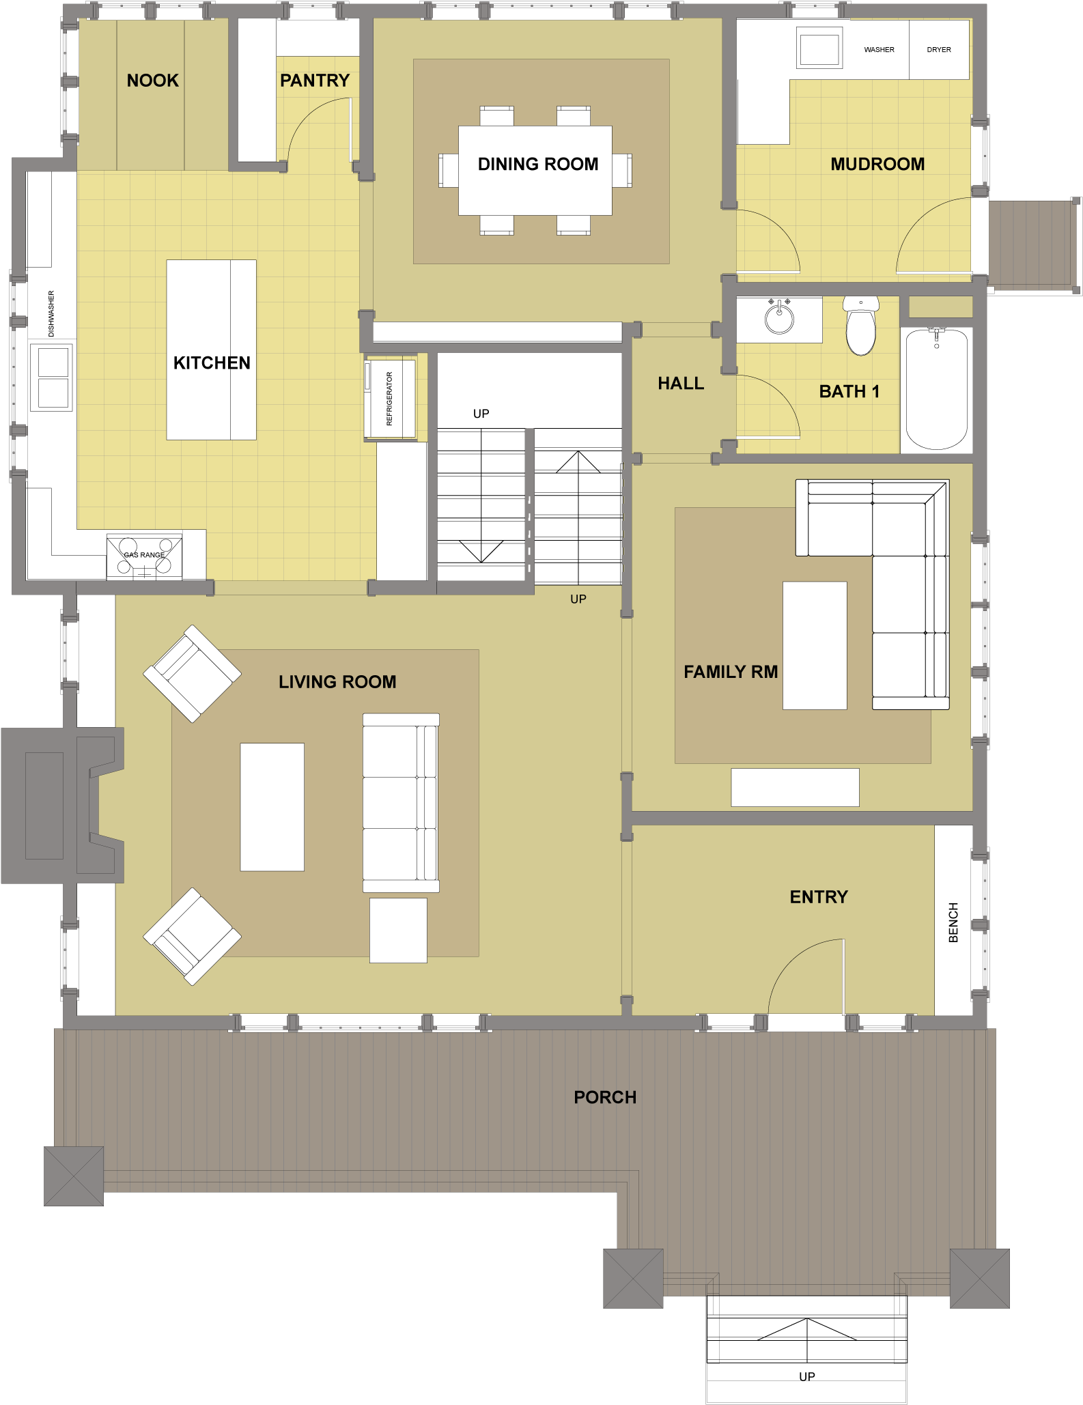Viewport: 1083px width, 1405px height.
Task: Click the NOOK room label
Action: [152, 81]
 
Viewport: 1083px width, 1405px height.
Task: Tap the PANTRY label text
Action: [314, 81]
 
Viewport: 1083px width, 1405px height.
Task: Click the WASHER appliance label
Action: [879, 50]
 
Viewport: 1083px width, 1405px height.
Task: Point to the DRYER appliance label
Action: [938, 50]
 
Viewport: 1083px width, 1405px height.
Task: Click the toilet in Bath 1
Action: [860, 327]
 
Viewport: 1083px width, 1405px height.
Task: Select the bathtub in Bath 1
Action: [936, 389]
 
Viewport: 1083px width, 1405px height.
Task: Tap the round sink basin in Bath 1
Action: [779, 320]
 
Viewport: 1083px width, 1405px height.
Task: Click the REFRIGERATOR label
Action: [390, 399]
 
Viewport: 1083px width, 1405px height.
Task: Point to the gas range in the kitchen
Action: [144, 556]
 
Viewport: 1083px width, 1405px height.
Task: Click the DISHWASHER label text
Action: [51, 314]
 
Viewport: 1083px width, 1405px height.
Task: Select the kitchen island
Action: [211, 350]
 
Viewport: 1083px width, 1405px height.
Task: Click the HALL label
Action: [680, 384]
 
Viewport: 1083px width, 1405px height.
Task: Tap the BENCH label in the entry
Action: [953, 922]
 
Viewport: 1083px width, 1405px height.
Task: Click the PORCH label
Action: [604, 1097]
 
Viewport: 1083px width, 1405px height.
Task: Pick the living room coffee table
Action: [272, 806]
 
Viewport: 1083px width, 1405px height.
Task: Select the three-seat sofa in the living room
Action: [401, 803]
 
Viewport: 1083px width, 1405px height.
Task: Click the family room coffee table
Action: [814, 645]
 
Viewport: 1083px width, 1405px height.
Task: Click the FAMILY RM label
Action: [730, 672]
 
